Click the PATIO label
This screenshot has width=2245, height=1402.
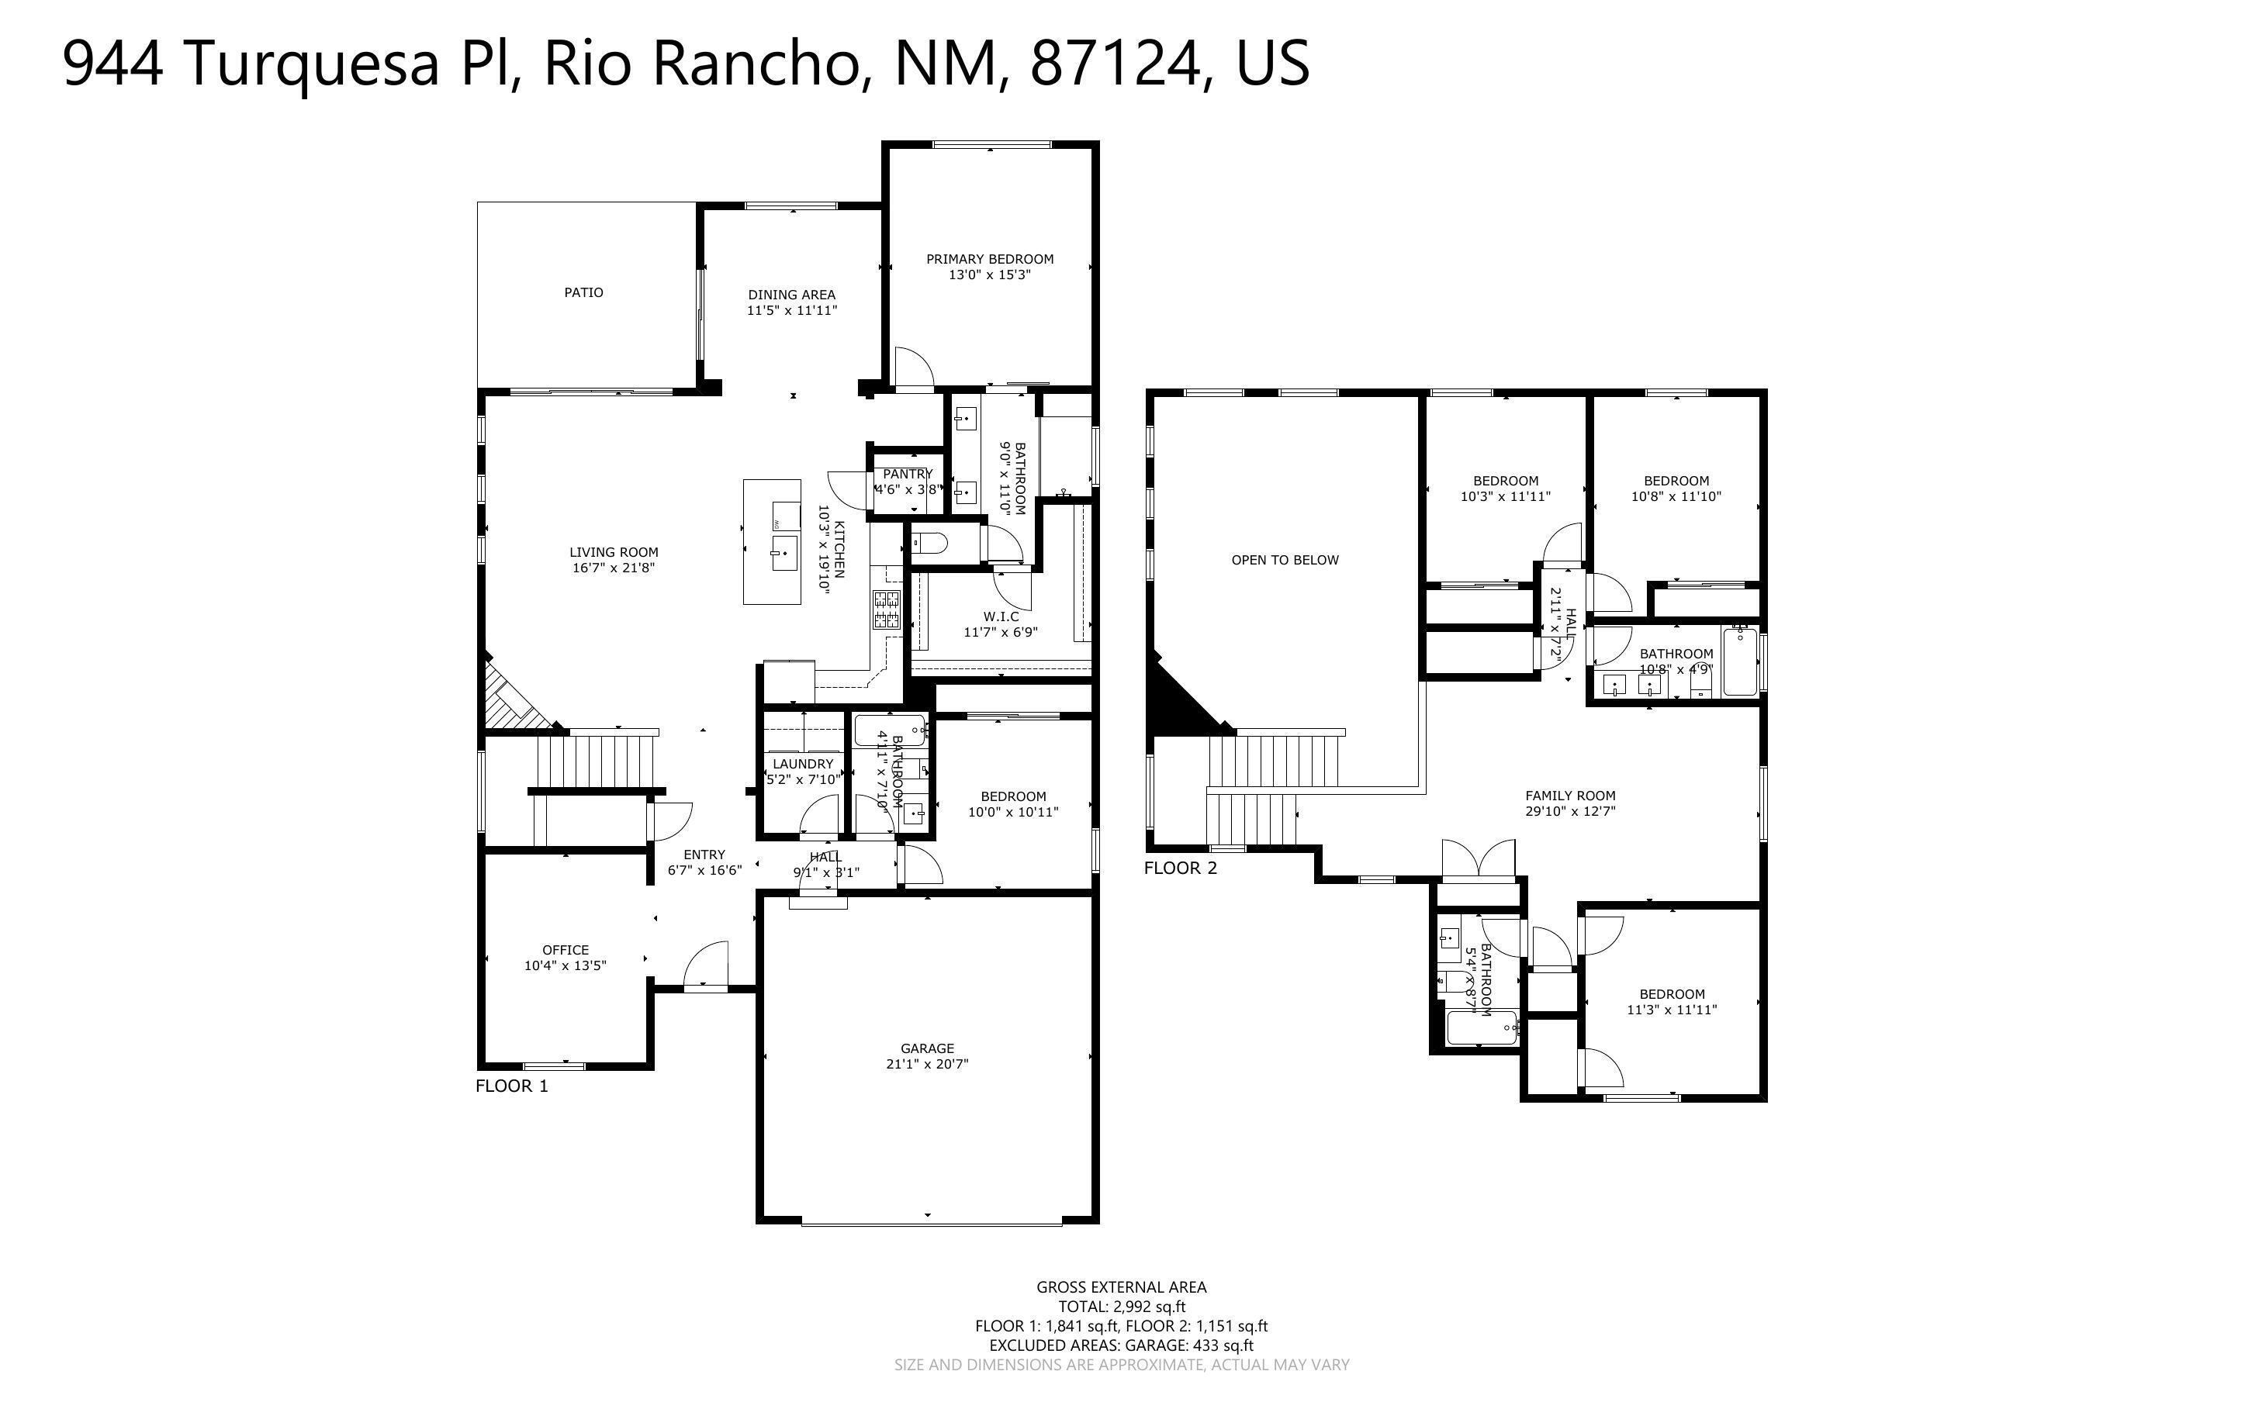(583, 292)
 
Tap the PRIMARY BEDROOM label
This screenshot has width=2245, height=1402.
(989, 259)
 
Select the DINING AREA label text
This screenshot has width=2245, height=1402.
(791, 295)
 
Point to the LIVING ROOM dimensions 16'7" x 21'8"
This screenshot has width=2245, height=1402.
(613, 568)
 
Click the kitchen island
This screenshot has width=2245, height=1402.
(772, 541)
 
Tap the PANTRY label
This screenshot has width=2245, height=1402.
(907, 474)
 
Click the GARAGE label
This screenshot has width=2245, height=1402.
(926, 1048)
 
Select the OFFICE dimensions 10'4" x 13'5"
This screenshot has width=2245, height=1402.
(565, 965)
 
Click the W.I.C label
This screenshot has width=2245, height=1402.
(1001, 616)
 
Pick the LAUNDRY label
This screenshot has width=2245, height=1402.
(803, 764)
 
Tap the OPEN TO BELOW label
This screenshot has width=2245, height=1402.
(1285, 560)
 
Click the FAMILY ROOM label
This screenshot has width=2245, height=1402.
(1570, 796)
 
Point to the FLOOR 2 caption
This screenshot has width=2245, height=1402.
(1180, 868)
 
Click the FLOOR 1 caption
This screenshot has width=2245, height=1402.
(512, 1086)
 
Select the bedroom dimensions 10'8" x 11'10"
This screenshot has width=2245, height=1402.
(1676, 496)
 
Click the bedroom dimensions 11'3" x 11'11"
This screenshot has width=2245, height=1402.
(1671, 1010)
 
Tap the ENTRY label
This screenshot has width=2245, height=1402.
(704, 855)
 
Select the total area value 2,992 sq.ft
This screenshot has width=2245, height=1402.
(1149, 1307)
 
